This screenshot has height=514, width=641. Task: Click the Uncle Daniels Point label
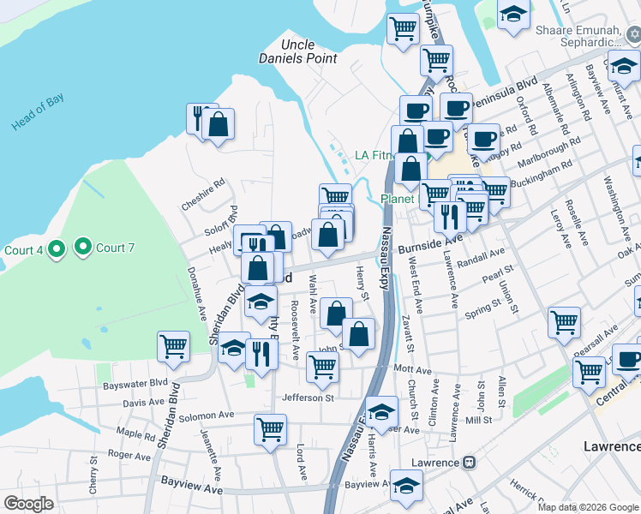tap(297, 51)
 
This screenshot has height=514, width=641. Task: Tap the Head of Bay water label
tap(38, 112)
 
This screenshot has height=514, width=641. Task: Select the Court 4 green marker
tap(57, 249)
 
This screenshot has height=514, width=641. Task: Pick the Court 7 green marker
tap(83, 248)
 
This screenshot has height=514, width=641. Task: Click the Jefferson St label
tap(308, 397)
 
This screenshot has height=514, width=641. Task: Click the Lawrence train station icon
tap(469, 463)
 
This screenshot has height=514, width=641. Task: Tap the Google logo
tap(28, 504)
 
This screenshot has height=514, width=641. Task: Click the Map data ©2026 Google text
tap(588, 506)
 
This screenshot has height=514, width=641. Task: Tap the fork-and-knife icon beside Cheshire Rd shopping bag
tap(197, 116)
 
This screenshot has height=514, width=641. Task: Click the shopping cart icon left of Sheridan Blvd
tap(172, 346)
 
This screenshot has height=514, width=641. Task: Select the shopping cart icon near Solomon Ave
tap(270, 427)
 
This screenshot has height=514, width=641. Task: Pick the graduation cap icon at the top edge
tap(513, 15)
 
